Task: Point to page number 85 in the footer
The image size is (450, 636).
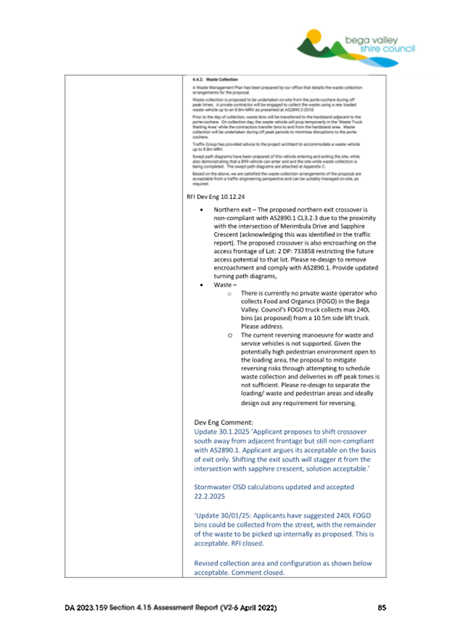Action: click(x=381, y=608)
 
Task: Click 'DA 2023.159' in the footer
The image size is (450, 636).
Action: click(x=87, y=608)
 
